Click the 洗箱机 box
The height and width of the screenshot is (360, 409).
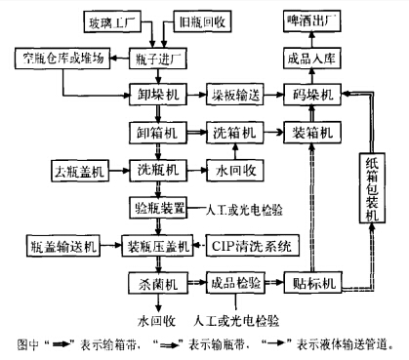[x=233, y=131]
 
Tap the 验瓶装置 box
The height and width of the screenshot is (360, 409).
[x=158, y=207]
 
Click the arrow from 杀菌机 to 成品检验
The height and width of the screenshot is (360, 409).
[x=194, y=283]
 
